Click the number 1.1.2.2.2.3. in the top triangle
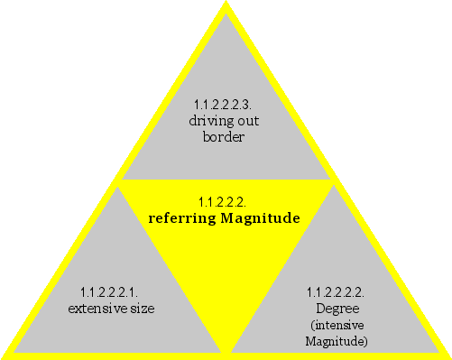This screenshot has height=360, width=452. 225,104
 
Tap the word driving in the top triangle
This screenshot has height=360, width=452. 209,121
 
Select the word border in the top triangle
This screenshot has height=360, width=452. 225,137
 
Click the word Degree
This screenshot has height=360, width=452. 337,309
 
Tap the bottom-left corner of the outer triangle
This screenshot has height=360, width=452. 5,355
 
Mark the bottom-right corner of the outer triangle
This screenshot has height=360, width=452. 447,355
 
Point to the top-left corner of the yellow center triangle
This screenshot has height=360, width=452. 118,181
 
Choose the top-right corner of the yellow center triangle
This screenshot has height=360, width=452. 334,181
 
